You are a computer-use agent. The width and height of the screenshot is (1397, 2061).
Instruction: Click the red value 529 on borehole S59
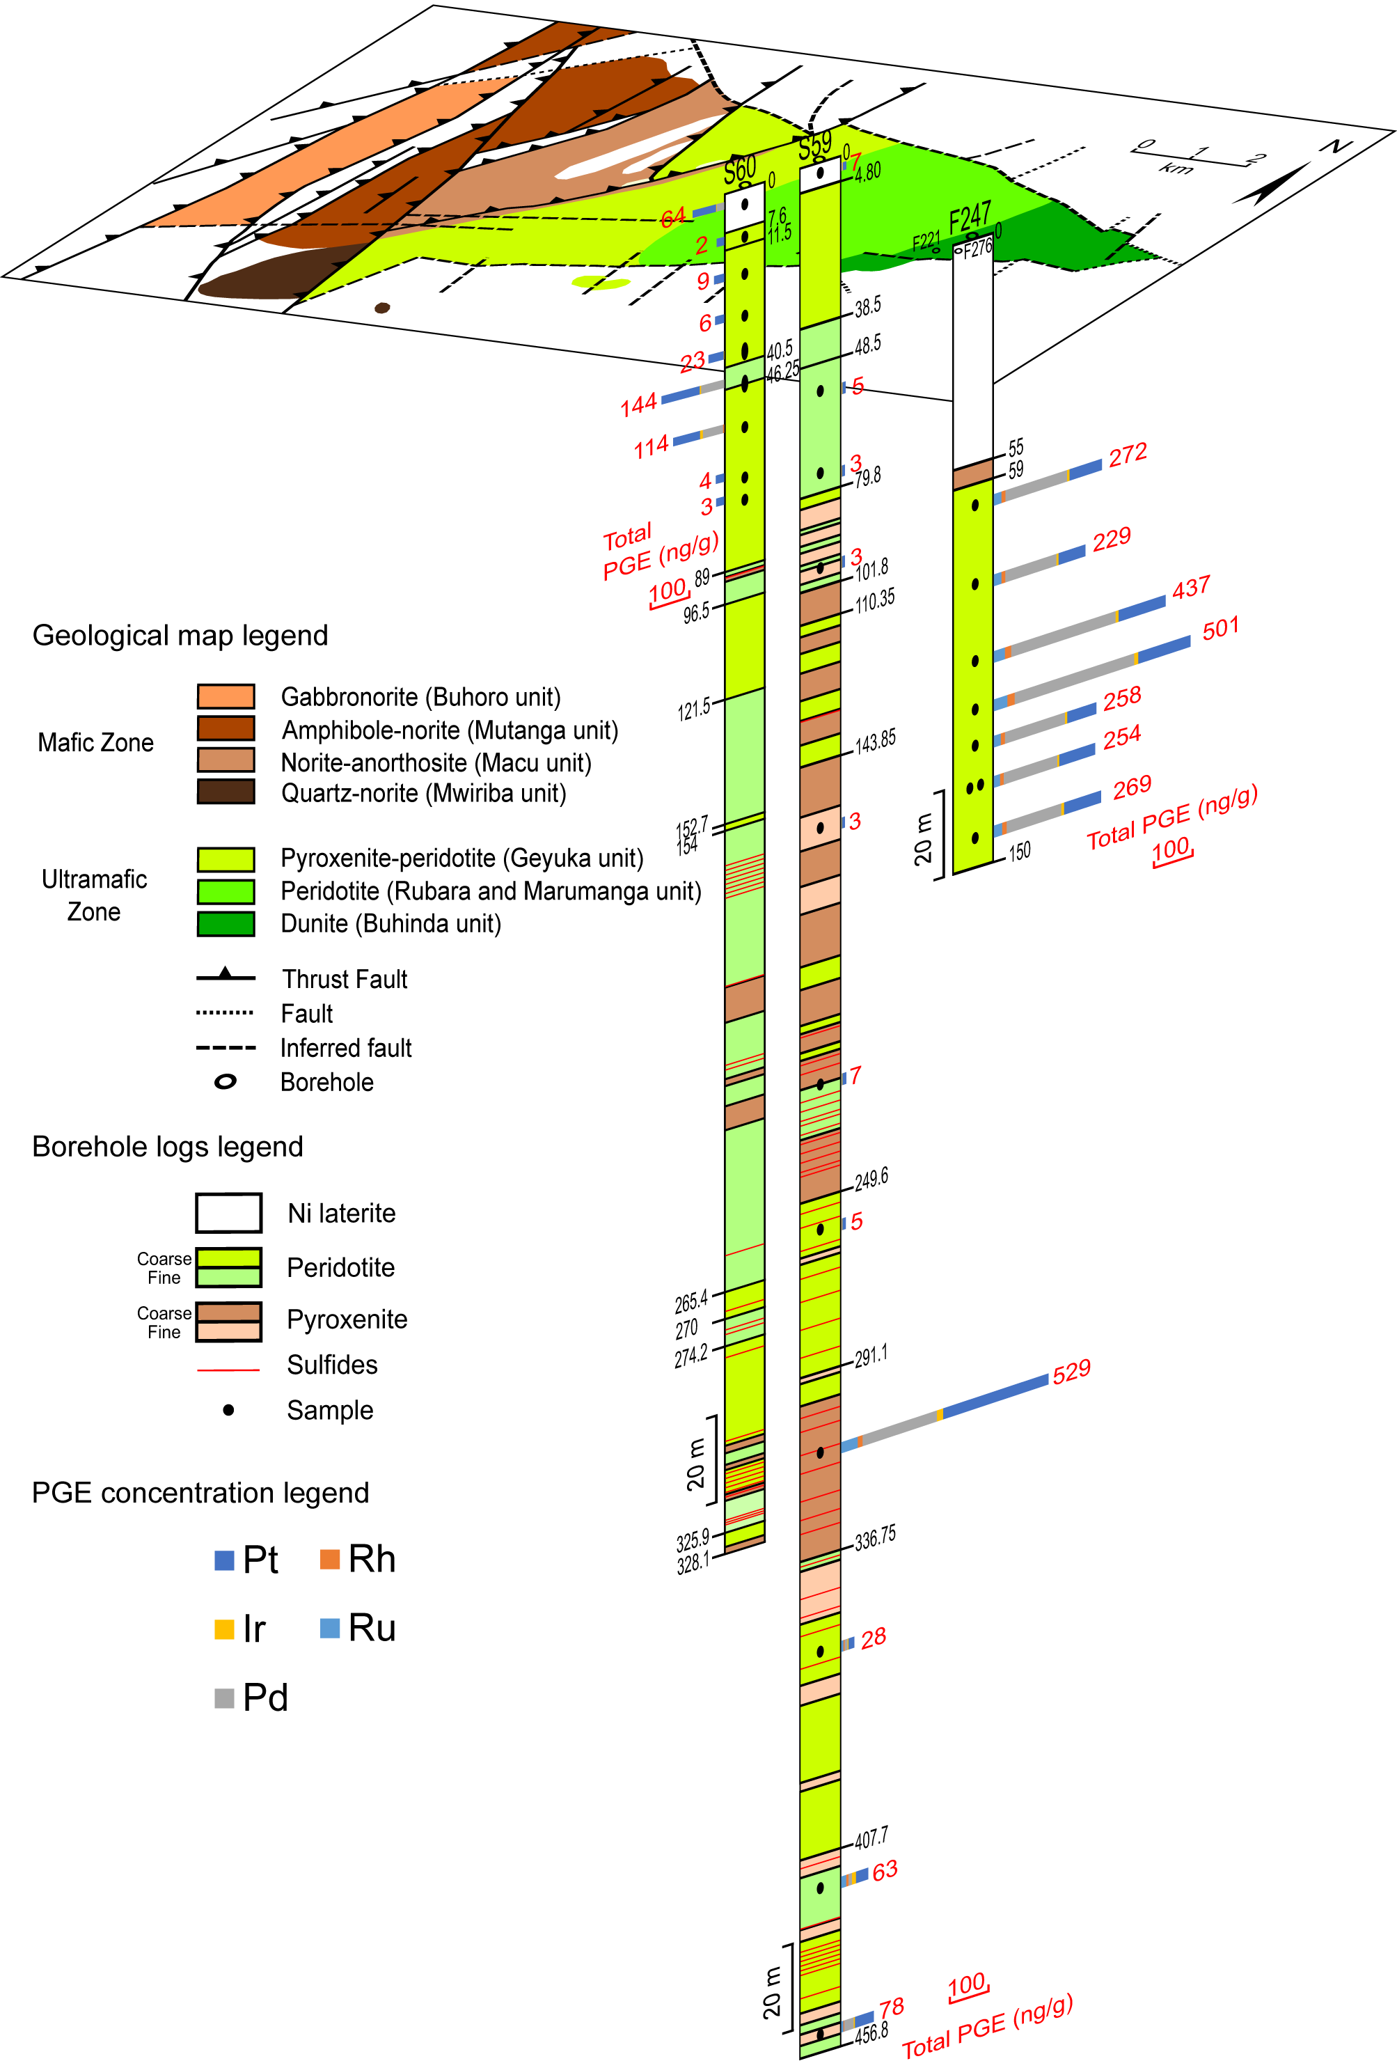coord(1072,1371)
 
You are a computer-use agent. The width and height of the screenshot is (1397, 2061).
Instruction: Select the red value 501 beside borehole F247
coord(1221,629)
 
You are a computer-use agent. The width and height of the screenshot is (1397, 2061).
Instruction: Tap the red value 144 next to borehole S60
coord(638,405)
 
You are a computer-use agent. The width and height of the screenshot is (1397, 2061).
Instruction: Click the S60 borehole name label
coord(740,169)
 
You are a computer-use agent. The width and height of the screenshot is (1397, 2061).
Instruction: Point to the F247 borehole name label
coord(970,218)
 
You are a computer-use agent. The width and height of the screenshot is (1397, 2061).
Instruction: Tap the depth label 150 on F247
coord(1019,852)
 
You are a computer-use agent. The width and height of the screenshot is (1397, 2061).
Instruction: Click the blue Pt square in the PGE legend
coord(224,1560)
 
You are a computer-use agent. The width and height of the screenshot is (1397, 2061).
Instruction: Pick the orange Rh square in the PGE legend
coord(330,1559)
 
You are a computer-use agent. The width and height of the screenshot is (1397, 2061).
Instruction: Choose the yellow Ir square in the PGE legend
coord(224,1629)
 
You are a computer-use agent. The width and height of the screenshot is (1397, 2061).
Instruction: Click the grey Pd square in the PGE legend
coord(224,1698)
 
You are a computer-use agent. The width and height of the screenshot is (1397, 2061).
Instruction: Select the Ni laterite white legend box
coord(229,1212)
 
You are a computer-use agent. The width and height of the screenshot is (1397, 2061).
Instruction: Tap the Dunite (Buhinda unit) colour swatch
coord(226,923)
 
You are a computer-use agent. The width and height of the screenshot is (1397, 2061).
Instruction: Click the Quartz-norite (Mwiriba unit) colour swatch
coord(226,791)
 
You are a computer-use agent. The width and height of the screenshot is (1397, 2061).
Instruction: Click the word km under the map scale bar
coord(1176,169)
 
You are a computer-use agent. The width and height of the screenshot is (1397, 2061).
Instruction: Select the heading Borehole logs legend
coord(168,1147)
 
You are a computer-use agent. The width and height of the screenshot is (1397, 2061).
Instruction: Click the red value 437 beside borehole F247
coord(1192,588)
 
